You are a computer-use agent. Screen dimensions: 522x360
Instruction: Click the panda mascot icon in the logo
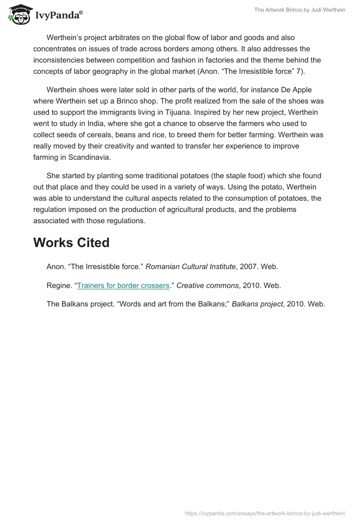[18, 14]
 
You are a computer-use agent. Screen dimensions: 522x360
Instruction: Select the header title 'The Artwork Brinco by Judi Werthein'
[299, 10]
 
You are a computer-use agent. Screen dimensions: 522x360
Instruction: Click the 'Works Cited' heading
[71, 242]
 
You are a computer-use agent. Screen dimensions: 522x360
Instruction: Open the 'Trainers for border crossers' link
[123, 285]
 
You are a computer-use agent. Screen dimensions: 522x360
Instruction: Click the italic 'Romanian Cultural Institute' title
[191, 266]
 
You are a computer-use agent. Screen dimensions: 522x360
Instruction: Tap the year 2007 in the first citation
[248, 266]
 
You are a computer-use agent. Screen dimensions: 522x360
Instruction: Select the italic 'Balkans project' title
[257, 304]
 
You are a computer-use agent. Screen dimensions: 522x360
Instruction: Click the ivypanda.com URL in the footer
[265, 513]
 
